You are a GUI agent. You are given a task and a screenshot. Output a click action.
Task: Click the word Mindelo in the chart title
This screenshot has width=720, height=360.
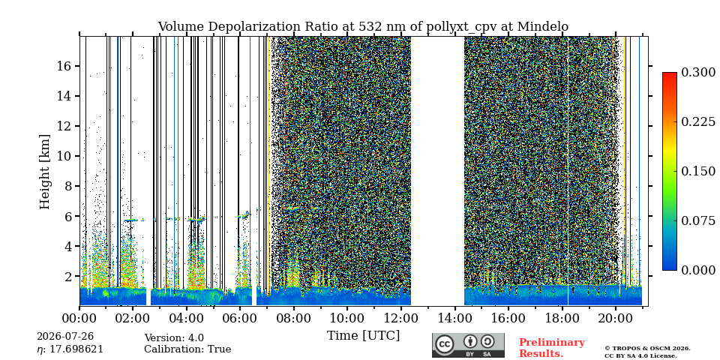click(x=543, y=27)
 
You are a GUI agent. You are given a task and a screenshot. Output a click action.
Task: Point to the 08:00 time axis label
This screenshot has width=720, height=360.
click(x=294, y=319)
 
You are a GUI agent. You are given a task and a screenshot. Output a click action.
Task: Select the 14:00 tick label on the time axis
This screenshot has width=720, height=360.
click(x=454, y=319)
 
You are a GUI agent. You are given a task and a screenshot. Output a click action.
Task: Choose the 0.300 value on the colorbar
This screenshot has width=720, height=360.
click(x=698, y=72)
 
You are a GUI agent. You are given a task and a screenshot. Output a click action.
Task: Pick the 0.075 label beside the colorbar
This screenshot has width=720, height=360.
click(x=698, y=220)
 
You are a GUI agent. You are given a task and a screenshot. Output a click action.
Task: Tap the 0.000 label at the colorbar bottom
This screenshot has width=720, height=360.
click(x=698, y=270)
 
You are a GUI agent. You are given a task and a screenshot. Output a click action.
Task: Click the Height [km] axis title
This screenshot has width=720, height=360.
click(x=44, y=172)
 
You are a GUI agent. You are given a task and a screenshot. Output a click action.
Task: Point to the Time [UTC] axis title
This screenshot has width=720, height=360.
click(x=363, y=336)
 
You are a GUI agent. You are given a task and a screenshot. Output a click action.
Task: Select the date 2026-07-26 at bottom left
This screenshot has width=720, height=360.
click(x=64, y=337)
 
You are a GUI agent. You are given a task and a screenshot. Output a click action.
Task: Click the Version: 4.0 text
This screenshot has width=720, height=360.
click(x=174, y=338)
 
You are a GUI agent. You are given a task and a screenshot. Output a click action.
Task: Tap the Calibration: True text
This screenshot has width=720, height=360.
click(x=187, y=349)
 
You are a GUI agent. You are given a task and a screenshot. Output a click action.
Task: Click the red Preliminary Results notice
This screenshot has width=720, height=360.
click(x=552, y=348)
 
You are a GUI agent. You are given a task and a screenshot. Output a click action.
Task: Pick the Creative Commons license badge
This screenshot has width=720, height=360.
click(x=468, y=345)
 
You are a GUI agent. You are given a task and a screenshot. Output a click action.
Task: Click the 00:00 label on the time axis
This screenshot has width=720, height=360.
click(x=80, y=319)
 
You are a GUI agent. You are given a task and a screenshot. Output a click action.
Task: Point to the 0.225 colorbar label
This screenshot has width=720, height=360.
click(x=698, y=121)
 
